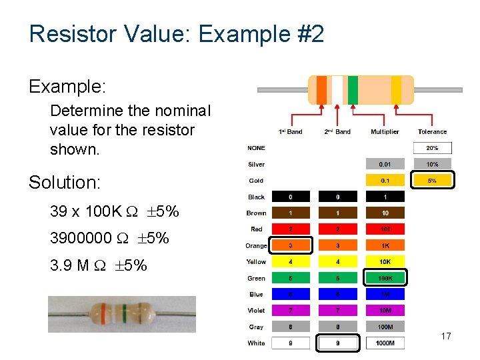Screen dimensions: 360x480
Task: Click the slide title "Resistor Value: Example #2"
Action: (x=177, y=33)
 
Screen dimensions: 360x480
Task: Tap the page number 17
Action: (x=446, y=336)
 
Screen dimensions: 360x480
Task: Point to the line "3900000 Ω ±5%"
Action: (x=109, y=238)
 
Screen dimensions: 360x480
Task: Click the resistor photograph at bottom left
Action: (x=121, y=314)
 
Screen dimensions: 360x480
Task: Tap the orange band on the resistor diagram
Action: (x=322, y=90)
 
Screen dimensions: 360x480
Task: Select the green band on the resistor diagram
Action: (x=353, y=90)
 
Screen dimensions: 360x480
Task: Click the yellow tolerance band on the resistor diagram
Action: (x=396, y=90)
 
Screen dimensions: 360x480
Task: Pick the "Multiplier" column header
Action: (x=385, y=132)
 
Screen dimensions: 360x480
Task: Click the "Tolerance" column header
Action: (x=432, y=132)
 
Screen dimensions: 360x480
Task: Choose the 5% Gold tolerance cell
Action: (x=432, y=180)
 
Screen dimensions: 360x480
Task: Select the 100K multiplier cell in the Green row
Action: (x=385, y=278)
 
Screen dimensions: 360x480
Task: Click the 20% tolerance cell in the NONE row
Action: (x=432, y=148)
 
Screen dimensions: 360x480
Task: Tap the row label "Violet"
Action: (x=256, y=311)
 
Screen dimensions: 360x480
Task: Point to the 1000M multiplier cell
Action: (x=385, y=343)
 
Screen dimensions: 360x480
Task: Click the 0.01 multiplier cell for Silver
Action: (x=385, y=164)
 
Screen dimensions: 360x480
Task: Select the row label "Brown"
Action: (x=256, y=213)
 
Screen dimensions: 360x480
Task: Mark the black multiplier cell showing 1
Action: (x=385, y=197)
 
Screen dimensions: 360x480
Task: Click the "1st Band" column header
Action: (x=290, y=132)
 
